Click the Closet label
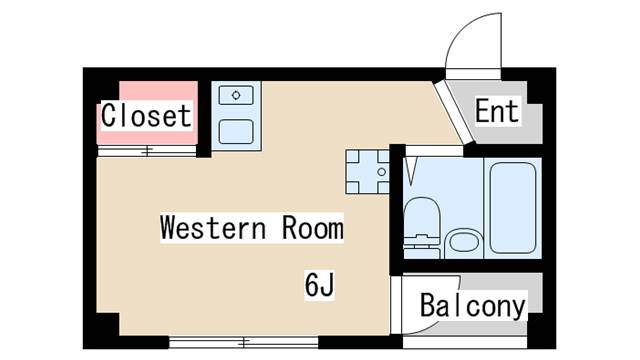tap(146, 116)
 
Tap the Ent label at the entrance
tap(497, 111)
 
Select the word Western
tap(213, 228)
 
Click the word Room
tap(313, 228)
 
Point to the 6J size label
tap(319, 284)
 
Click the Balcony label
tap(473, 306)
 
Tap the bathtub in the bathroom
tap(513, 208)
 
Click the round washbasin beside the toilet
tap(464, 242)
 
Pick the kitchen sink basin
tap(236, 131)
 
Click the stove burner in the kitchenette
tap(236, 96)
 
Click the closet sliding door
tap(147, 151)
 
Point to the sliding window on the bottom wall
tap(244, 342)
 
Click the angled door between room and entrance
tap(453, 112)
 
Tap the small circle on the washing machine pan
tap(382, 172)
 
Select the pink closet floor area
tap(147, 113)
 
